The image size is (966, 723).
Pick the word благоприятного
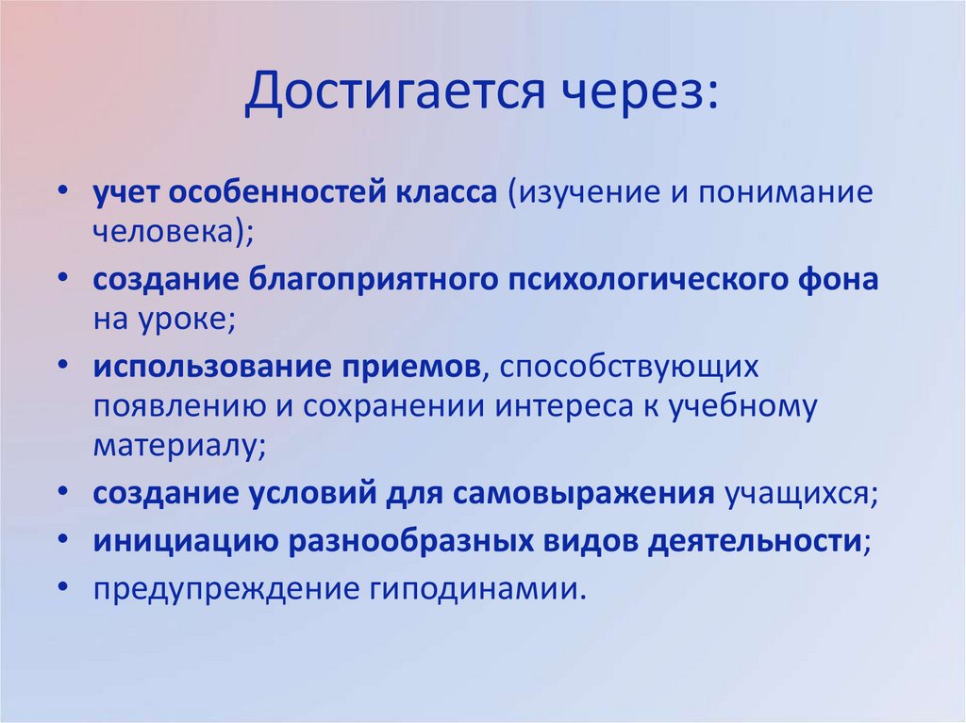(375, 280)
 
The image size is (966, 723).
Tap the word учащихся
(798, 495)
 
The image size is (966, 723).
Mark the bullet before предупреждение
(62, 588)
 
